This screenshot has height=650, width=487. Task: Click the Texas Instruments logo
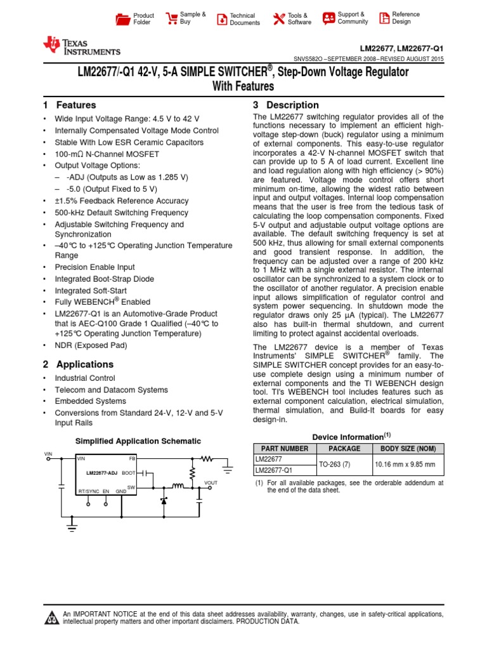81,46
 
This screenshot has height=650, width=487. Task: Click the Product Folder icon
123,18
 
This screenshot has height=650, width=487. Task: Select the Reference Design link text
405,18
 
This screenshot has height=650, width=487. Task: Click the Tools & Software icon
278,18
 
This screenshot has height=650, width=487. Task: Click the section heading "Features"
76,105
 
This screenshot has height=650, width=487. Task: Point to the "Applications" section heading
85,365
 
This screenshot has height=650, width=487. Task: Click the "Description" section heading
292,105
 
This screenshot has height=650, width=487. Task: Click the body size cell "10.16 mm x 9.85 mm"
405,465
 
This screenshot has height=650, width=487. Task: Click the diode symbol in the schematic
164,500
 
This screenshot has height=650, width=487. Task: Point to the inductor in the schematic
179,487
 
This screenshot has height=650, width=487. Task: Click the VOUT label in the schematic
211,483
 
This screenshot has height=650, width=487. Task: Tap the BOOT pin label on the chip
129,473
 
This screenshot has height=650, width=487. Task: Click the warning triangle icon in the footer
51,618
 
